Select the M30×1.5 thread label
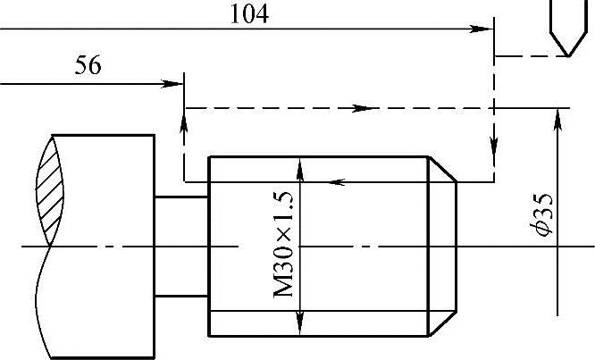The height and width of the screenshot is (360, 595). click(285, 246)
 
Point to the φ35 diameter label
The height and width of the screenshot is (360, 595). click(540, 216)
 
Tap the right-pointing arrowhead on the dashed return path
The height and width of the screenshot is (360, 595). click(360, 108)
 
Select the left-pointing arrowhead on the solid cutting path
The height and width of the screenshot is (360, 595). click(338, 182)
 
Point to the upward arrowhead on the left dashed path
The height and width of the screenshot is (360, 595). click(184, 114)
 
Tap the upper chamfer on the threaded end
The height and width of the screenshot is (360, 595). click(444, 169)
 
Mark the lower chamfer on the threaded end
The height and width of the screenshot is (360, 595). click(444, 322)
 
